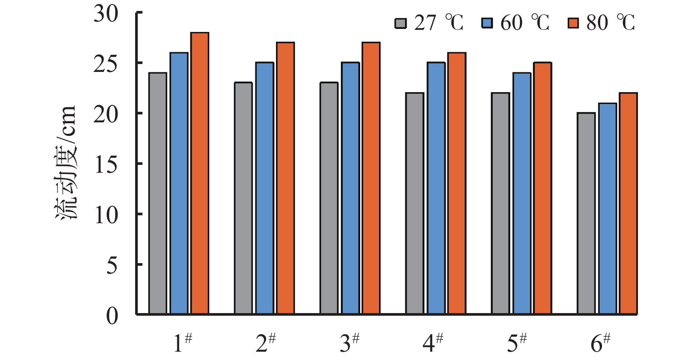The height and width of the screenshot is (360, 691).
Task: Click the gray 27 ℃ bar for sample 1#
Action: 158,193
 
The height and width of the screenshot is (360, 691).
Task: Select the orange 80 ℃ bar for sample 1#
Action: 200,173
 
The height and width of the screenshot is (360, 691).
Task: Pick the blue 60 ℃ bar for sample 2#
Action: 265,189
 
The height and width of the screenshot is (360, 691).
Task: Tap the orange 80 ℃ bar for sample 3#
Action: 371,178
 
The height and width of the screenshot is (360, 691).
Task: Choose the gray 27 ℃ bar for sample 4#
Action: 415,203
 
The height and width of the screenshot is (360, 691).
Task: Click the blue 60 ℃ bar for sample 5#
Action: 522,193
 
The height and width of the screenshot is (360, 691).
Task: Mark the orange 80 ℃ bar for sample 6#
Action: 628,203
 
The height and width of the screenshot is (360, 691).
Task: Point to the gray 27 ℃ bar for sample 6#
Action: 586,214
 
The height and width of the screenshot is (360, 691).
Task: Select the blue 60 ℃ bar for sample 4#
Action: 436,189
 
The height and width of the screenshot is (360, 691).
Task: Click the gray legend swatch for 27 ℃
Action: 401,23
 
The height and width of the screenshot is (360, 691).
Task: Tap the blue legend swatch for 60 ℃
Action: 487,23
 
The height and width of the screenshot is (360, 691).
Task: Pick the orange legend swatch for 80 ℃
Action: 573,23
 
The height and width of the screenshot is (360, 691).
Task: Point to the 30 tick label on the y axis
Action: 106,14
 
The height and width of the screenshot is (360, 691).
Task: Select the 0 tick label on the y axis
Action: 112,316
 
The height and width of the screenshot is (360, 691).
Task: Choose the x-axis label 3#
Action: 350,343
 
